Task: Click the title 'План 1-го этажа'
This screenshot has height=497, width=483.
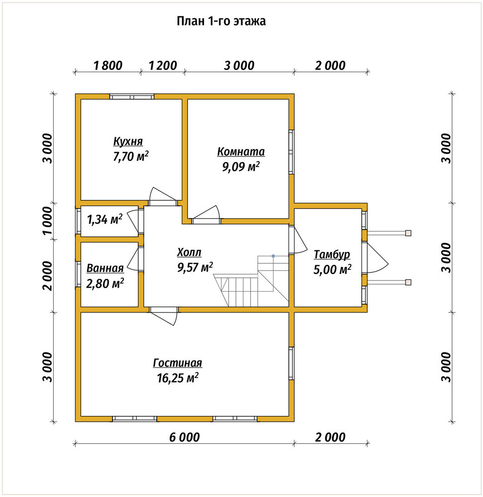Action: coord(221,21)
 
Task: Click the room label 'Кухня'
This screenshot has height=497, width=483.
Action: coord(128,141)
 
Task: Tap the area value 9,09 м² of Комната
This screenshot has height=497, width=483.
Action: coord(241,166)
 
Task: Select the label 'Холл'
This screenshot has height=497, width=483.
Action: coord(189,252)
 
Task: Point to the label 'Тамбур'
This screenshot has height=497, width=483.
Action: coord(332,254)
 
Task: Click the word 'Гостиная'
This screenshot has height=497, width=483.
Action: coord(178,363)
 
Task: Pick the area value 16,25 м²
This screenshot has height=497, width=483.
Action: coord(178,378)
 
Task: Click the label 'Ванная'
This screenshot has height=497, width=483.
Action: coord(105,268)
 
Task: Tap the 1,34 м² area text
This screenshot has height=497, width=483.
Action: coord(104,219)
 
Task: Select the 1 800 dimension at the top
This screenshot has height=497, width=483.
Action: coord(108,66)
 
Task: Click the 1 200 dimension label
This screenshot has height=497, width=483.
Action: coord(163,66)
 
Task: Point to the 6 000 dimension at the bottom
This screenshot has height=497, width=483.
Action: coord(185,437)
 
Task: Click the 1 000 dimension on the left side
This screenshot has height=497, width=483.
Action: coord(48,221)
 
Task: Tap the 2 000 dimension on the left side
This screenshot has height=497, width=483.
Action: coord(48,276)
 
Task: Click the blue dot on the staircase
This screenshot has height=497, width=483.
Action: coord(273,256)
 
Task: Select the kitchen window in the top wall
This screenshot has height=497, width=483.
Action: coord(132,97)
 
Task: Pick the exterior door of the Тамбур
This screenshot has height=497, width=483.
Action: coord(376,257)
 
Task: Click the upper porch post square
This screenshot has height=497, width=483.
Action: coord(408,233)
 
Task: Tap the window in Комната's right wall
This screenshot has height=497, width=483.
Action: coord(291,152)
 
